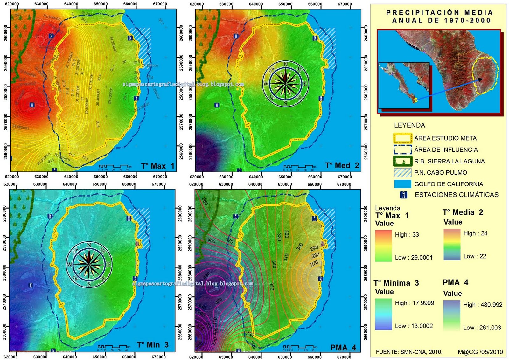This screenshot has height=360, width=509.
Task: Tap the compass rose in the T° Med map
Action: coord(285,84)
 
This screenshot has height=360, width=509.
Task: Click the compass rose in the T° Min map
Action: coord(89,264)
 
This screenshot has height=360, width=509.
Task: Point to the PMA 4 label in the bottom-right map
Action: coord(343,347)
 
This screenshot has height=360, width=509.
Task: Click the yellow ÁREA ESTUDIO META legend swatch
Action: coord(403,138)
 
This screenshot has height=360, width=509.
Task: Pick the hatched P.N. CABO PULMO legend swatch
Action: coord(403,173)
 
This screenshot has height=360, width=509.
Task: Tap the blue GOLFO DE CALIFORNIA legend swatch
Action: coord(403,184)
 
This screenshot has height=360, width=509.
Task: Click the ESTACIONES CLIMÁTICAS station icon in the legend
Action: coord(403,195)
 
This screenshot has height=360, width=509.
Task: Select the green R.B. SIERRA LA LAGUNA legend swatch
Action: coord(403,161)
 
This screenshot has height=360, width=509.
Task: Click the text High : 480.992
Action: coord(483,305)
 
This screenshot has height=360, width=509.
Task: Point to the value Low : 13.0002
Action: coord(414,326)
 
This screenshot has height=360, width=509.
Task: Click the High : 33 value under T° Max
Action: coord(407,235)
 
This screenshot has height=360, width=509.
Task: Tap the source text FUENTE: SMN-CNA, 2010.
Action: coord(409,352)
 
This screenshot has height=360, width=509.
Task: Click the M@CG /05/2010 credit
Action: coord(480,352)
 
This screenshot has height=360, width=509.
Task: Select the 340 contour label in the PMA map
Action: coord(274,264)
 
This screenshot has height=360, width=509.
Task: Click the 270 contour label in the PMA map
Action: coord(314,263)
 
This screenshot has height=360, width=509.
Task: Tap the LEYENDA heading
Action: coord(409,125)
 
